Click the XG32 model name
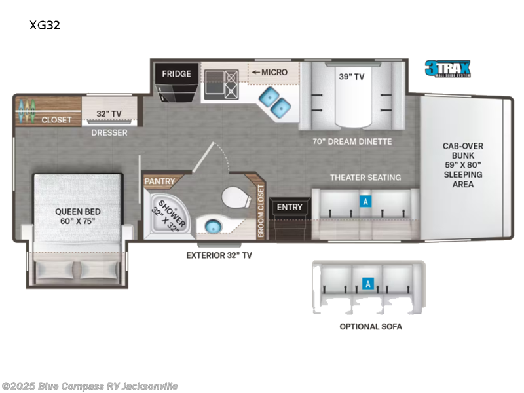click(x=41, y=25)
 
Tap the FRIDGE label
click(x=176, y=73)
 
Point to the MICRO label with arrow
click(x=269, y=72)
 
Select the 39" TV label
click(x=352, y=76)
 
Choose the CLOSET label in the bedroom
click(x=57, y=120)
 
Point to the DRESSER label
click(x=109, y=133)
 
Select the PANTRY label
click(x=160, y=179)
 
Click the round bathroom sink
click(x=212, y=227)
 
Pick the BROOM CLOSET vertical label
click(x=260, y=210)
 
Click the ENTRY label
click(x=290, y=207)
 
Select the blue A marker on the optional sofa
click(x=368, y=284)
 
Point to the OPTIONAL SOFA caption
click(x=370, y=326)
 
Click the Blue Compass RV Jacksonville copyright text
click(x=89, y=386)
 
